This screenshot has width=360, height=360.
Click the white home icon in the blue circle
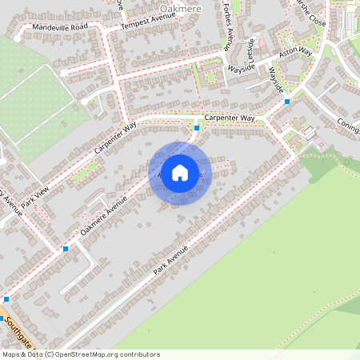coord(180,172)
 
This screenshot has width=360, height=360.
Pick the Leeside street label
coord(251,52)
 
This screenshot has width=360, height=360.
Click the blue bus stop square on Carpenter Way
coord(197,128)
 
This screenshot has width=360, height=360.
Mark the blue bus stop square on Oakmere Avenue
coord(66,249)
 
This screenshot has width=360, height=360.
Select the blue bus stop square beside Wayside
coord(286,102)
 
